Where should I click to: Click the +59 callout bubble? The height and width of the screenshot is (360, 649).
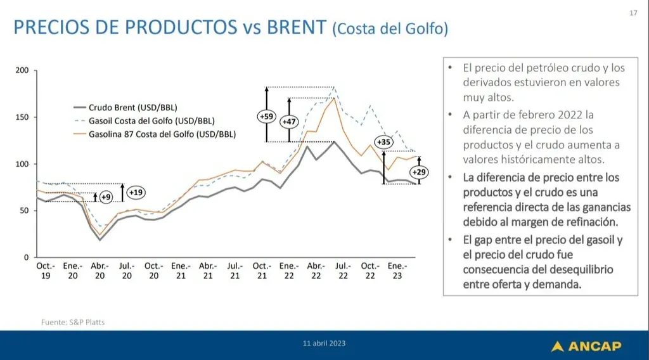(x=266, y=117)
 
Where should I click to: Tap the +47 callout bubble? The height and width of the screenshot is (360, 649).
(x=289, y=122)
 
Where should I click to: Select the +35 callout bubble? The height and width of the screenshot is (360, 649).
(x=383, y=143)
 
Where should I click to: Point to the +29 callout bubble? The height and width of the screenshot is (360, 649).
(x=419, y=172)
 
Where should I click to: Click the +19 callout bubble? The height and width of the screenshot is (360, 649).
(x=136, y=193)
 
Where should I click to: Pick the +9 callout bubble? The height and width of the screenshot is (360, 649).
(x=106, y=197)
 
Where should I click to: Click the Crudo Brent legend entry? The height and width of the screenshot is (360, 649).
(x=125, y=108)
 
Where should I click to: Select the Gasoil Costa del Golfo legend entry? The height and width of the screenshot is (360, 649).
(x=144, y=121)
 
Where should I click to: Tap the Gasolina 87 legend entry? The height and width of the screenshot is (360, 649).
(x=155, y=134)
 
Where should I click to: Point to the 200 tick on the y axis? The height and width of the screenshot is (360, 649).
(x=22, y=70)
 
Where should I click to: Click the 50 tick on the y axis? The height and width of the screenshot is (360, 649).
(x=25, y=210)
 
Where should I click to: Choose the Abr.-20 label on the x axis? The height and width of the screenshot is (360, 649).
(x=100, y=271)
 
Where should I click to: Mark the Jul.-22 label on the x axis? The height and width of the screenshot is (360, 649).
(x=343, y=271)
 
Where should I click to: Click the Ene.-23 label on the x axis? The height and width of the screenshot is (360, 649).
(x=397, y=271)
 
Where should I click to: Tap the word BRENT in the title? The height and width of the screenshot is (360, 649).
(x=297, y=27)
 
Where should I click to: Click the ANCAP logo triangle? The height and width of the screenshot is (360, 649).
(x=558, y=346)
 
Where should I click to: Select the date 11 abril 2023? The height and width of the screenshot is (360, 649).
(x=324, y=344)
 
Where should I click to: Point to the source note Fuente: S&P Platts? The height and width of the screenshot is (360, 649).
(x=73, y=322)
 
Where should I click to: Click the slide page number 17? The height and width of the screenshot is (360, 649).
(x=633, y=13)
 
